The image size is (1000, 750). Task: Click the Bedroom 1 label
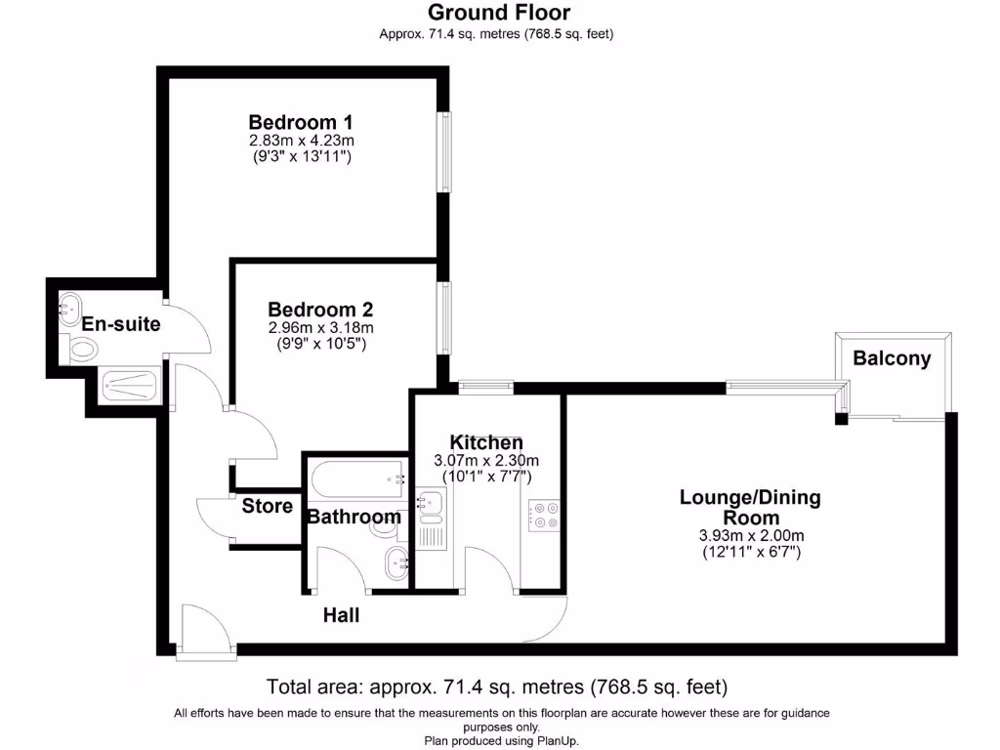pyautogui.click(x=301, y=122)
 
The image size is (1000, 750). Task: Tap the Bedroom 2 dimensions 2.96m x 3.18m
pyautogui.click(x=320, y=328)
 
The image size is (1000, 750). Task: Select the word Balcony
pyautogui.click(x=892, y=358)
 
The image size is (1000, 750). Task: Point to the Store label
pyautogui.click(x=267, y=506)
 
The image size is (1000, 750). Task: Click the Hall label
pyautogui.click(x=342, y=615)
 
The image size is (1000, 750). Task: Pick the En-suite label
pyautogui.click(x=121, y=324)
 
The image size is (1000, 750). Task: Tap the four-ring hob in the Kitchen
pyautogui.click(x=543, y=515)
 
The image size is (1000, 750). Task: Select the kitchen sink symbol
pyautogui.click(x=431, y=504)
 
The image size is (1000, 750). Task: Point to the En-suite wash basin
pyautogui.click(x=70, y=309)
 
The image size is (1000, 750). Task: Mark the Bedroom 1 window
pyautogui.click(x=445, y=151)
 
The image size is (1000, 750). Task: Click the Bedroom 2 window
pyautogui.click(x=445, y=318)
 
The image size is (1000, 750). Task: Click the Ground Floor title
pyautogui.click(x=499, y=13)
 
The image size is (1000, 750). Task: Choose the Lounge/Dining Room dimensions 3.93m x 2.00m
pyautogui.click(x=750, y=535)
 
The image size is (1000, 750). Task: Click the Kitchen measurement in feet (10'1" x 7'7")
pyautogui.click(x=486, y=477)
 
